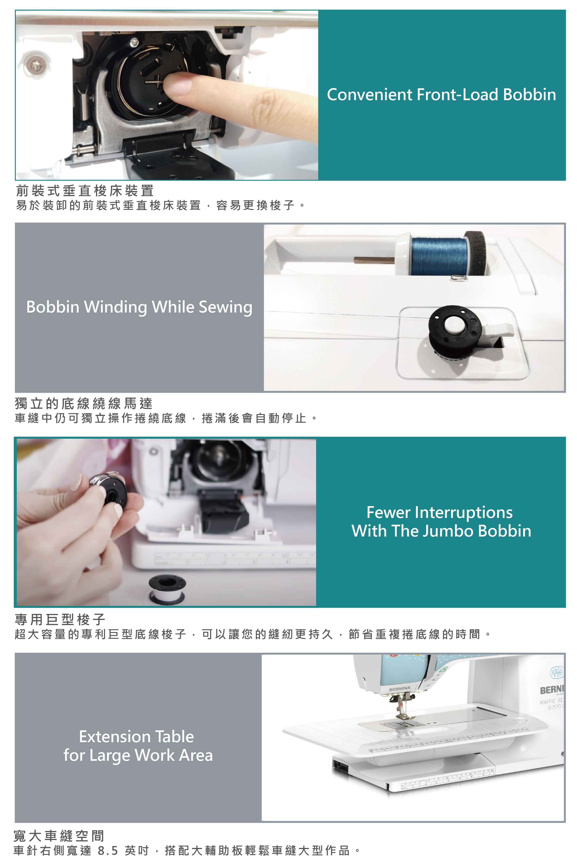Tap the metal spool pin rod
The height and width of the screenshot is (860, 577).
coord(374,260)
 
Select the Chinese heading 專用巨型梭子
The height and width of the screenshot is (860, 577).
coord(60,619)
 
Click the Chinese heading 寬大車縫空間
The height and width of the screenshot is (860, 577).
coord(59,836)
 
